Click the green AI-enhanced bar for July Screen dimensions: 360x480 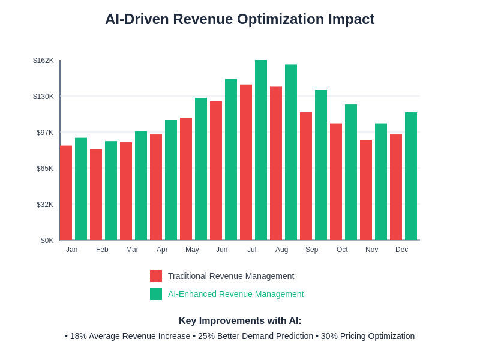(261, 150)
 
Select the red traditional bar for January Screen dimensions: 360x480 (66, 193)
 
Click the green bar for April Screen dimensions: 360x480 (171, 180)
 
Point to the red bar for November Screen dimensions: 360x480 (366, 190)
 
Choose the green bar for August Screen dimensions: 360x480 (291, 152)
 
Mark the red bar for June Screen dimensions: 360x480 (216, 170)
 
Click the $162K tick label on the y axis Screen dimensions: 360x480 (43, 61)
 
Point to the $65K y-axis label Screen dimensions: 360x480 (45, 169)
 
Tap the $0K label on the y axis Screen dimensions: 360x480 (47, 241)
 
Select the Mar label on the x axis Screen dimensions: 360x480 (132, 250)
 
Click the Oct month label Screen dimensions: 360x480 (342, 250)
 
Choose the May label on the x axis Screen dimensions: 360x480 (192, 250)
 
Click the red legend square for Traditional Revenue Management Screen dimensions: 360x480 (156, 276)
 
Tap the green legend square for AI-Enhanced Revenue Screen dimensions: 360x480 (156, 294)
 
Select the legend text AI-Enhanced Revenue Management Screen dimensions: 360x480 (236, 294)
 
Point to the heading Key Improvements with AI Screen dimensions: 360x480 (240, 321)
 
